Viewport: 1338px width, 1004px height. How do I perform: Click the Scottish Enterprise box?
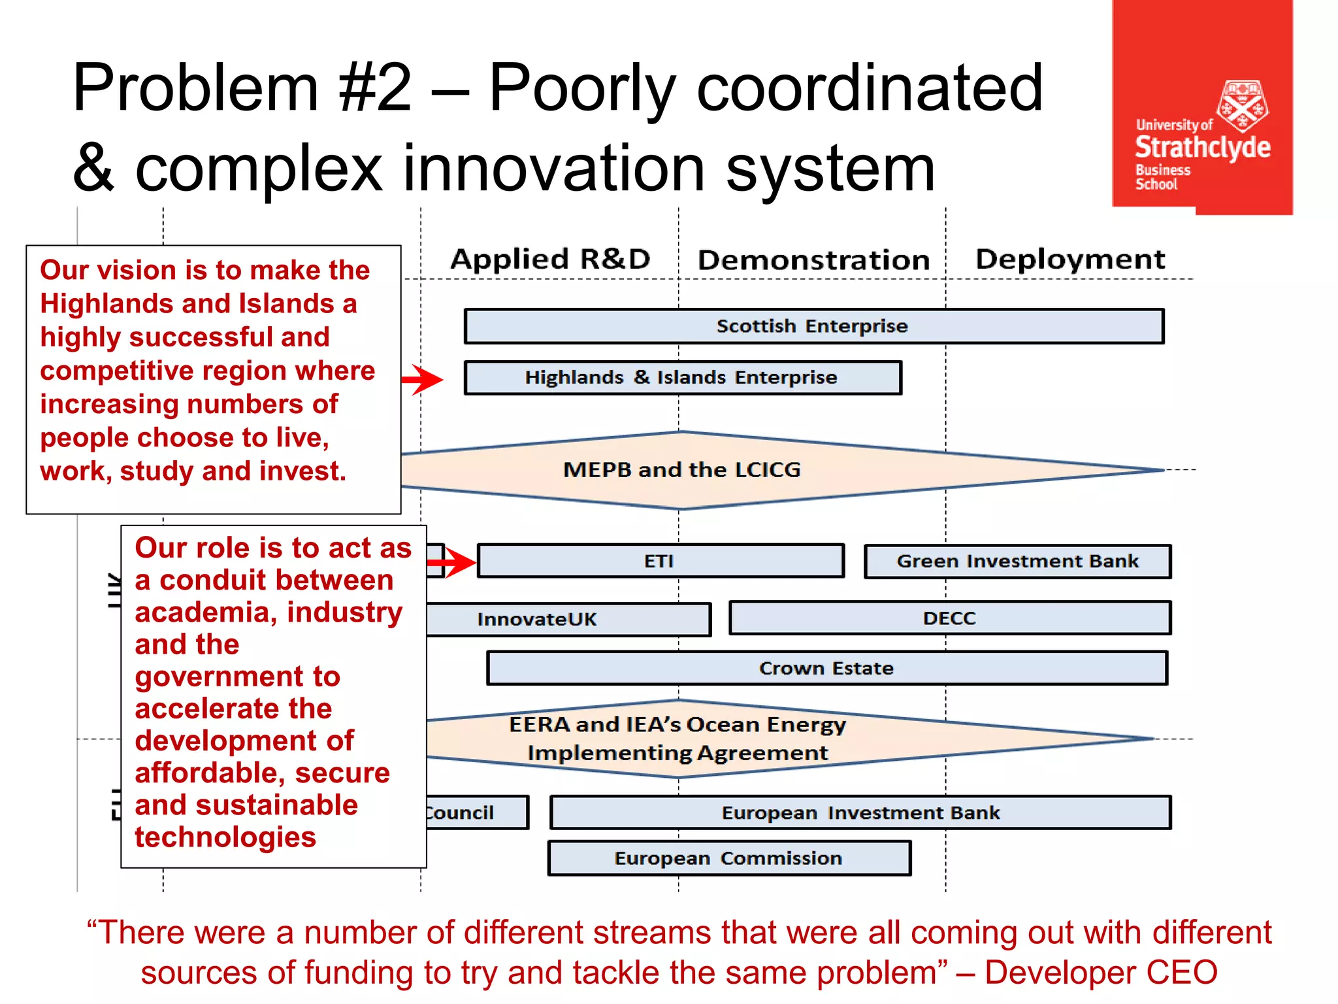(813, 326)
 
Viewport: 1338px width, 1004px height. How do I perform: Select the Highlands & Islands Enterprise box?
(682, 378)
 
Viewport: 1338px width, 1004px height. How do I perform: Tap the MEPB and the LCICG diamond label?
(681, 469)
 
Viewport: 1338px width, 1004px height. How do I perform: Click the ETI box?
(660, 561)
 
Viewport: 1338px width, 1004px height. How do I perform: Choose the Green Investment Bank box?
(1017, 561)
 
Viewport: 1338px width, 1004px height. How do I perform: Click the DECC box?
(949, 618)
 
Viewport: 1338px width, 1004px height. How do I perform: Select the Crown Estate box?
(826, 668)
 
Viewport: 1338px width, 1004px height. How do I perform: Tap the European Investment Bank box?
(860, 812)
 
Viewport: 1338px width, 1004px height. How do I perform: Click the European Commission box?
(728, 858)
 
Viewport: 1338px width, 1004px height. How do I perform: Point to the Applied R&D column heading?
(550, 259)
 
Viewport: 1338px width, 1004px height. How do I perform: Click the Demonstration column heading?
(813, 260)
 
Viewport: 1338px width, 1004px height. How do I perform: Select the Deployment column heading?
(1069, 259)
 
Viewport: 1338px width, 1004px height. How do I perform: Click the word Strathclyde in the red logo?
(1202, 147)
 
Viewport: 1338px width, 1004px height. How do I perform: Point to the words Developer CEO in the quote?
(1101, 972)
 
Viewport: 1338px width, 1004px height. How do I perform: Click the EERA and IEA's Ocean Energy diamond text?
(677, 739)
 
